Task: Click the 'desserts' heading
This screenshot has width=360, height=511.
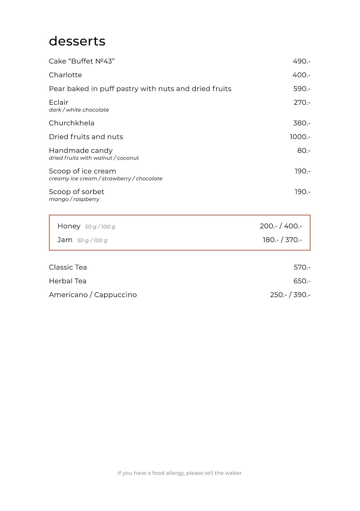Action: tap(77, 41)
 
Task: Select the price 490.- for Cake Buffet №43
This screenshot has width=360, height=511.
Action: tap(302, 61)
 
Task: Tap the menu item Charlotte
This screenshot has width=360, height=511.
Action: tap(65, 75)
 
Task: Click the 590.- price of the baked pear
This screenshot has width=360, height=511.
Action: tap(302, 89)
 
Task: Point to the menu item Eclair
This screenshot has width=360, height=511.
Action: tap(58, 102)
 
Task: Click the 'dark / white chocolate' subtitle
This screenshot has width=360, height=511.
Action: tap(79, 110)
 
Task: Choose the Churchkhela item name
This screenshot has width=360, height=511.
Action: tap(71, 123)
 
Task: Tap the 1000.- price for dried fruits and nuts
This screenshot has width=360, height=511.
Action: tap(300, 137)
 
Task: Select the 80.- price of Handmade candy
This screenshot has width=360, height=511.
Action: tap(304, 151)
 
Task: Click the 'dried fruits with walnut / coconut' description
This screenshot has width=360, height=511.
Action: tap(94, 158)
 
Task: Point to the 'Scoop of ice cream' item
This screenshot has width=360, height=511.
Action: tap(82, 171)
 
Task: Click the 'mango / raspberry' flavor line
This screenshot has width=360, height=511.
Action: tap(74, 199)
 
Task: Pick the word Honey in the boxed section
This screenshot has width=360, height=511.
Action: tap(69, 226)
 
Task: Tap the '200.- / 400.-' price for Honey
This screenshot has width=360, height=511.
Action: tap(281, 226)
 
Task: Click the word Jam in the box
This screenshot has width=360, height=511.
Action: tap(65, 240)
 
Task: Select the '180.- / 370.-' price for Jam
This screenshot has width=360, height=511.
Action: tap(282, 240)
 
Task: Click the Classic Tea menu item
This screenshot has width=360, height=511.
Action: tap(68, 267)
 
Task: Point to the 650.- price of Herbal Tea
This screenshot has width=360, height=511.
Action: tap(302, 281)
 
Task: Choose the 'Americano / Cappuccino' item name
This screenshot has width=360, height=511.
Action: tap(93, 295)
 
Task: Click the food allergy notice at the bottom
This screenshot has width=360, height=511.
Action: tap(180, 473)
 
